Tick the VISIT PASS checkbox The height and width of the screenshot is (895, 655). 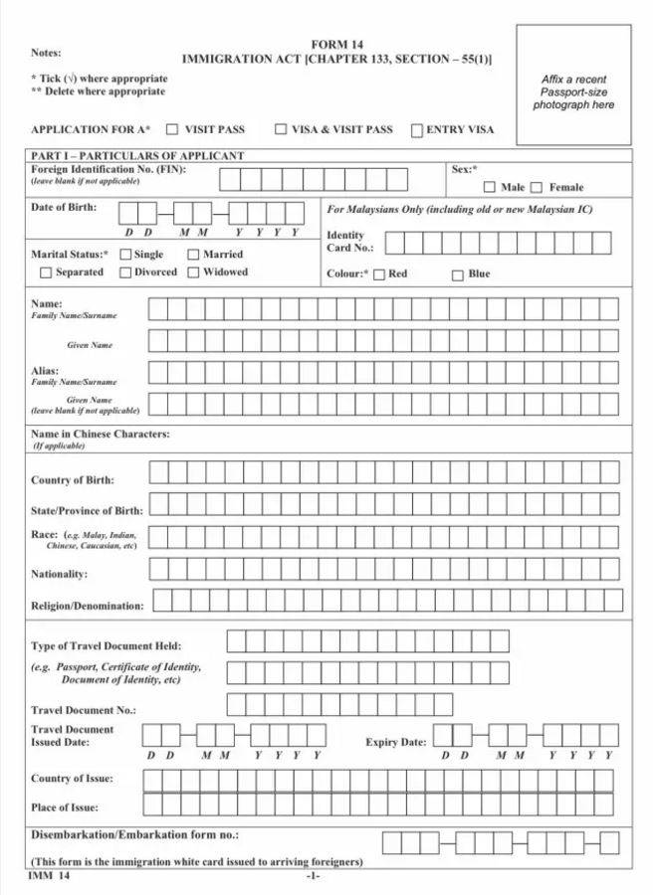(172, 129)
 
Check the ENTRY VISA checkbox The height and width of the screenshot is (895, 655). (417, 129)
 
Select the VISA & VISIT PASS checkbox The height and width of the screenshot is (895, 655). (281, 129)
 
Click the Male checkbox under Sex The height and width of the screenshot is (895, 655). (490, 187)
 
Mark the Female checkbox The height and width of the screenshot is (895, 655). (537, 187)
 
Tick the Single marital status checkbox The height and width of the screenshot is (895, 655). (125, 255)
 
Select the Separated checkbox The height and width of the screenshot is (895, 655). (46, 272)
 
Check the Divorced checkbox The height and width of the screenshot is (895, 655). (125, 272)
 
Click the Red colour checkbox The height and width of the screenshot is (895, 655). (379, 274)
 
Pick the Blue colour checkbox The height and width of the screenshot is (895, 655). (458, 274)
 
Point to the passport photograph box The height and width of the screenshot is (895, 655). (573, 91)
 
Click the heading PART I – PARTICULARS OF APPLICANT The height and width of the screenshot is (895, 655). (137, 156)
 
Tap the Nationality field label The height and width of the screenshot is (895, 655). (59, 575)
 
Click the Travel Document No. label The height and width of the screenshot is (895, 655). (84, 711)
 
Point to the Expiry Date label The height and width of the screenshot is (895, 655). (395, 743)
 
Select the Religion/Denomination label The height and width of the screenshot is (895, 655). (88, 606)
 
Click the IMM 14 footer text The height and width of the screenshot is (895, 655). (50, 876)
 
